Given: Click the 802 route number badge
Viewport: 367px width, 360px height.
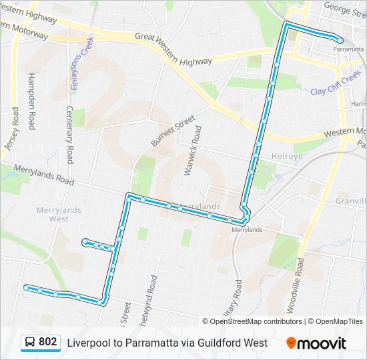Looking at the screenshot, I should click(x=47, y=342).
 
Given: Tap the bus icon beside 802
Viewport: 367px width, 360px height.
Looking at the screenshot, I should click(x=31, y=343).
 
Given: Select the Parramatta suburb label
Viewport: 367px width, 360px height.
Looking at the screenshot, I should click(x=348, y=49).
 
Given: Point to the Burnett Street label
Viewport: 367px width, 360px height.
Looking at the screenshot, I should click(x=173, y=131).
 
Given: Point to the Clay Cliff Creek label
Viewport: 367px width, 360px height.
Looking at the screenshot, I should click(x=334, y=86).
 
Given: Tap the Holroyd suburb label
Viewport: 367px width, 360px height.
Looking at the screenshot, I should click(x=287, y=156).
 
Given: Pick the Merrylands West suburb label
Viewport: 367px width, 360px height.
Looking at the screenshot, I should click(x=59, y=214).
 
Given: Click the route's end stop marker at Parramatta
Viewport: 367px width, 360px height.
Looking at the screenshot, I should click(x=340, y=41).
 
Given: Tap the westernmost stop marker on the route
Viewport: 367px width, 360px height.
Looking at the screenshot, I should click(x=26, y=287).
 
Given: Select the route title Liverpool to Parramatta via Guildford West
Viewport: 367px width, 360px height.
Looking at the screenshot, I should click(x=167, y=343).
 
